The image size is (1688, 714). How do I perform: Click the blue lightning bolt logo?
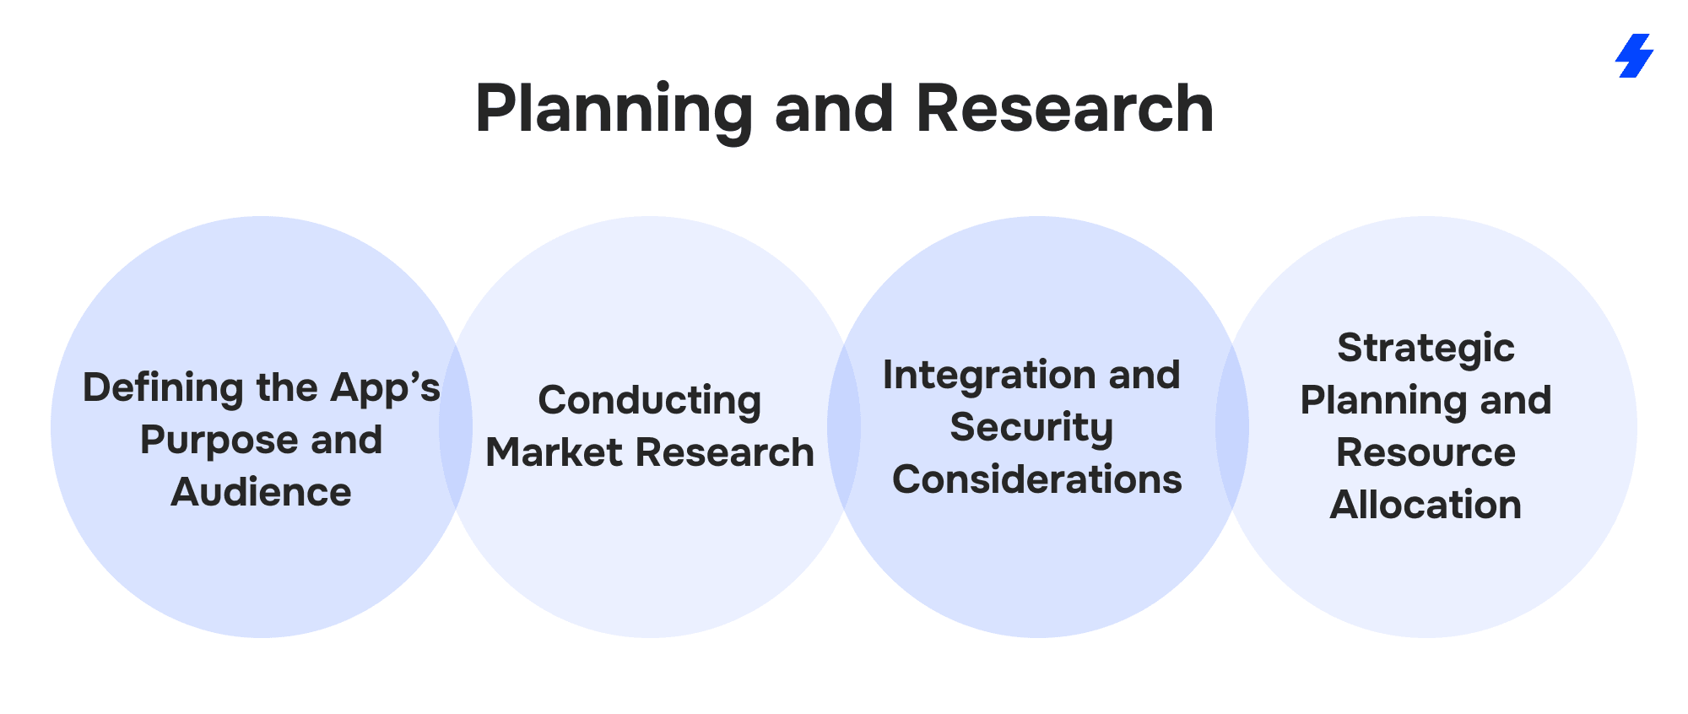tap(1634, 56)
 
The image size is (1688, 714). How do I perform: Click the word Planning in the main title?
tap(614, 110)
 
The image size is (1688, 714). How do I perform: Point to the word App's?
tap(385, 387)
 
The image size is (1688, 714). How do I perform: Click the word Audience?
tap(261, 492)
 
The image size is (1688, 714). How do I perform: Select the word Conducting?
tap(649, 400)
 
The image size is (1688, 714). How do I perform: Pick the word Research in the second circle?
tap(725, 452)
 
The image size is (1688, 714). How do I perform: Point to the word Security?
tap(1031, 427)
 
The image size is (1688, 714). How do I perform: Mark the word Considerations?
tap(1036, 479)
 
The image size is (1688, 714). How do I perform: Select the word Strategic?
tap(1426, 348)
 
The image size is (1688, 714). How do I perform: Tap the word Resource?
tap(1426, 452)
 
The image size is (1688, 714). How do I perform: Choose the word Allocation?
tap(1426, 505)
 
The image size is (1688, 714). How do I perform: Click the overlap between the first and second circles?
tap(456, 427)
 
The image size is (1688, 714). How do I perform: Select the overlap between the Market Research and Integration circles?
tap(844, 427)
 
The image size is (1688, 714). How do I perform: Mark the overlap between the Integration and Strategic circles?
tap(1232, 427)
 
